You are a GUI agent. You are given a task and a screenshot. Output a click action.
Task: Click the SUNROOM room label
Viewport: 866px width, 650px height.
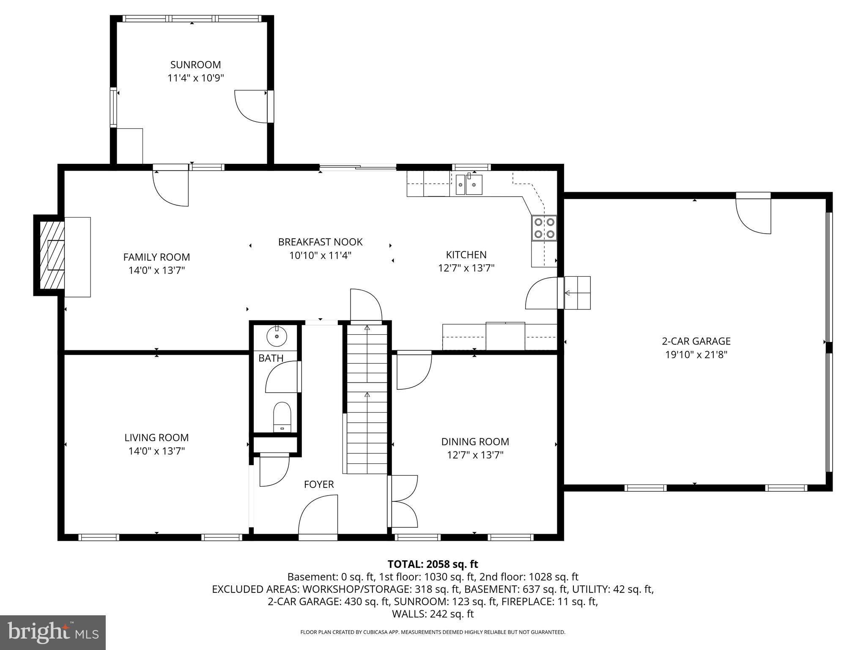tap(195, 65)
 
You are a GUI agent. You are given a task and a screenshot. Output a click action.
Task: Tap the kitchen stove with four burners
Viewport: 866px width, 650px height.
tap(544, 228)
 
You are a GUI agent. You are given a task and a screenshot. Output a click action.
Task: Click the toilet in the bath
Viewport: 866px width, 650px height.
tap(282, 416)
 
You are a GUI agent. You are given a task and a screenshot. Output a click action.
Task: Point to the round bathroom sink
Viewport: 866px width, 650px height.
tap(277, 336)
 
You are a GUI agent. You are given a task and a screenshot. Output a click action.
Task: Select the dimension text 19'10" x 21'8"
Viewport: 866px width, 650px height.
tap(696, 355)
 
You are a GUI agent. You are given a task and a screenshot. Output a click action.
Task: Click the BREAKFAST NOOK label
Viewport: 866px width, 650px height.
tap(320, 242)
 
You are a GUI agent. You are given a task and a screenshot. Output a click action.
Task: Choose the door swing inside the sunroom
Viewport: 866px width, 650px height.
tap(251, 106)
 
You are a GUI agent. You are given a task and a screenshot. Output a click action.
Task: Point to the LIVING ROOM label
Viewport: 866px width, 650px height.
tap(156, 438)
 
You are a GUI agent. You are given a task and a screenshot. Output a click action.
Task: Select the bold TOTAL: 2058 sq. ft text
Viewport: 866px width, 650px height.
tap(433, 564)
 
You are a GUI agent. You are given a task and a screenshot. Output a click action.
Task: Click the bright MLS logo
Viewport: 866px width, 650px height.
tap(52, 632)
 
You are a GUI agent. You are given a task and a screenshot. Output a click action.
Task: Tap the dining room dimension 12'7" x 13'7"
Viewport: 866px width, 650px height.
tap(475, 455)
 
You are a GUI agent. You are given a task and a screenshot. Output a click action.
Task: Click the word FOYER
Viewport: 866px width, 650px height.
tap(319, 484)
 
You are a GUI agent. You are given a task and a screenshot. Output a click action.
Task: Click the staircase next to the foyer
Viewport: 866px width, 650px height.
tap(367, 398)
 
